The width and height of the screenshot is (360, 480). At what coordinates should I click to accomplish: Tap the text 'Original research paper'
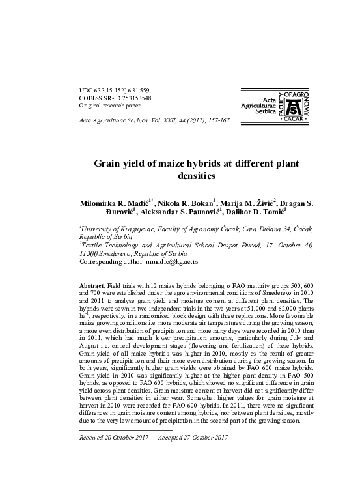coord(109,106)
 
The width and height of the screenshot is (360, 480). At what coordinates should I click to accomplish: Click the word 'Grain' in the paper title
coord(110,164)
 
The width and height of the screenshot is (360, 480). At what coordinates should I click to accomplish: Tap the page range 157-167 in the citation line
coord(217,121)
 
